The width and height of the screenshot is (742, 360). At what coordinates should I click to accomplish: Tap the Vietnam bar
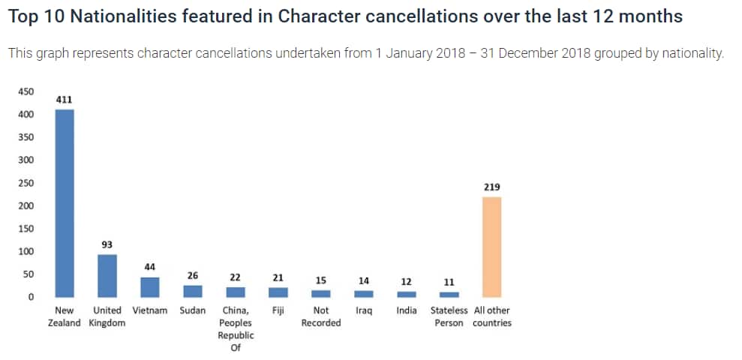[150, 287]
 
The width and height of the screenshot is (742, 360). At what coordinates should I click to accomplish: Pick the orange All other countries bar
[492, 247]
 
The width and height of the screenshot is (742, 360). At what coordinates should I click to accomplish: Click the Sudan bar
[193, 291]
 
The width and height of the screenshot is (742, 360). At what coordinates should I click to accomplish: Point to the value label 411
[65, 99]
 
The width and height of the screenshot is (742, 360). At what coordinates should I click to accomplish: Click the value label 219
[492, 187]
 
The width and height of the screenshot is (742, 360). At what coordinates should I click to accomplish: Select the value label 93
[107, 244]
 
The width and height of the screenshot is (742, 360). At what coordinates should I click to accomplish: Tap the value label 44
[150, 267]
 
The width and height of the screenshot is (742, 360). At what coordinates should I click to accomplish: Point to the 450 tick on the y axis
[26, 91]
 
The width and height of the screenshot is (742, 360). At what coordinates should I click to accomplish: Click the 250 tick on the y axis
[26, 183]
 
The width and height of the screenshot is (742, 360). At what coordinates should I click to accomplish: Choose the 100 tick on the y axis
[26, 251]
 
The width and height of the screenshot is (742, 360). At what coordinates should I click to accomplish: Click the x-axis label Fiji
[278, 310]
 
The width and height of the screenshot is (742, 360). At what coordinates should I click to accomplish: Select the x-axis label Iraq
[364, 310]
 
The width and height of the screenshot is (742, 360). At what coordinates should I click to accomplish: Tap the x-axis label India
[407, 310]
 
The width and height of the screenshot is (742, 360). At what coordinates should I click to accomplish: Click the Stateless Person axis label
[449, 316]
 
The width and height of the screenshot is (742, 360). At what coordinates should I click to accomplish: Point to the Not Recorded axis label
[321, 316]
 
